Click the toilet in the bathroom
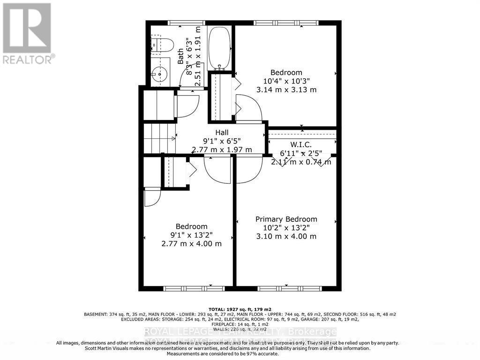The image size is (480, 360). (164, 45)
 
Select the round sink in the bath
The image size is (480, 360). (159, 74)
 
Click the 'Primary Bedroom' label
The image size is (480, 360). (286, 219)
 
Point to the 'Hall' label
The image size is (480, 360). (222, 133)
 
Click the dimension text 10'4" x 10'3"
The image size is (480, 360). (286, 81)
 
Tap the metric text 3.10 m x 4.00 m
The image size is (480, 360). (286, 236)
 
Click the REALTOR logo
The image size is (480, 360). (27, 33)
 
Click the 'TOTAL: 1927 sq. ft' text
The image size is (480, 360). (240, 309)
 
